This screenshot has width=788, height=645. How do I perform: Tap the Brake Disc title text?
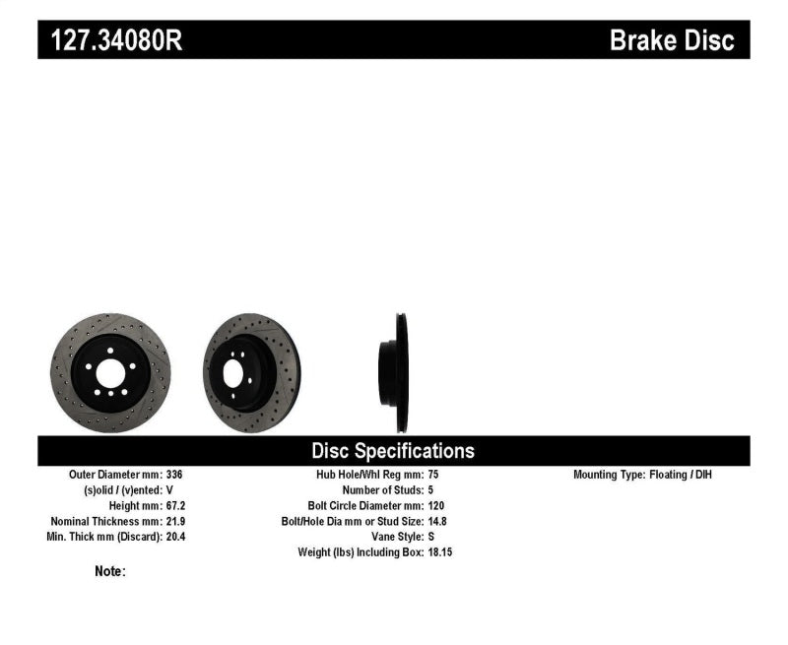[672, 40]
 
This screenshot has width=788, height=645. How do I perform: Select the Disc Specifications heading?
[393, 451]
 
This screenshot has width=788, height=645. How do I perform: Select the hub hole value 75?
[434, 475]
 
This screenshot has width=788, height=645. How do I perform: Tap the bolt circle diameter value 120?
[437, 505]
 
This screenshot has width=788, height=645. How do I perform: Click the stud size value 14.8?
[438, 521]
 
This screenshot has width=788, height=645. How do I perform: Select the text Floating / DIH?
[683, 475]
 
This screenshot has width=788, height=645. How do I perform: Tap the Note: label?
[110, 571]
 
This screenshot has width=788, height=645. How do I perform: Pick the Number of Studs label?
[382, 490]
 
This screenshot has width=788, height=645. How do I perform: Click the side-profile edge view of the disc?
[400, 372]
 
